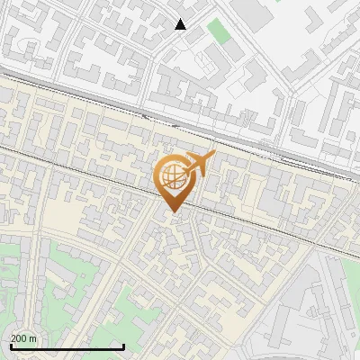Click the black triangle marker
pos(181,24)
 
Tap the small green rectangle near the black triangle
pos(218,31)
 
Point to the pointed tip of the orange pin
pos(171,212)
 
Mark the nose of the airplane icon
pos(213,155)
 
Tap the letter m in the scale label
pos(34,338)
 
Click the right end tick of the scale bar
pos(123,345)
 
